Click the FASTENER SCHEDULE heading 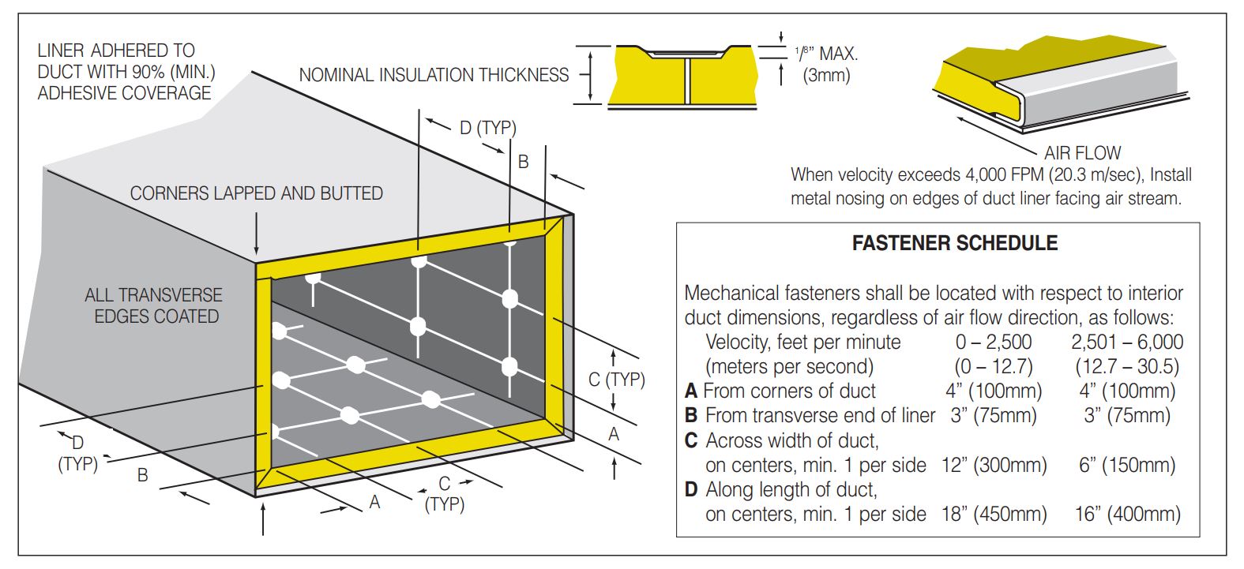954,243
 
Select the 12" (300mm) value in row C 994,466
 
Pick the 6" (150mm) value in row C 1127,466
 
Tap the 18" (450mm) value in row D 994,515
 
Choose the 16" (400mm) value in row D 1127,515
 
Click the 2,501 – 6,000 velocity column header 1127,342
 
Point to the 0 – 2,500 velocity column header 993,342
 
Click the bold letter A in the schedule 691,391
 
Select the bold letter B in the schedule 691,415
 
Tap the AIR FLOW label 1082,152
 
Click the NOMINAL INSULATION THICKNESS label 434,75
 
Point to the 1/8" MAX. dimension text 826,54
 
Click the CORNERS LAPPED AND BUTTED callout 256,193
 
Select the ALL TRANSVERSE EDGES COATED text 154,305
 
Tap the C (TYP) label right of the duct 616,380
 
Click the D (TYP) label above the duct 487,127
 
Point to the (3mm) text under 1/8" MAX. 825,77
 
